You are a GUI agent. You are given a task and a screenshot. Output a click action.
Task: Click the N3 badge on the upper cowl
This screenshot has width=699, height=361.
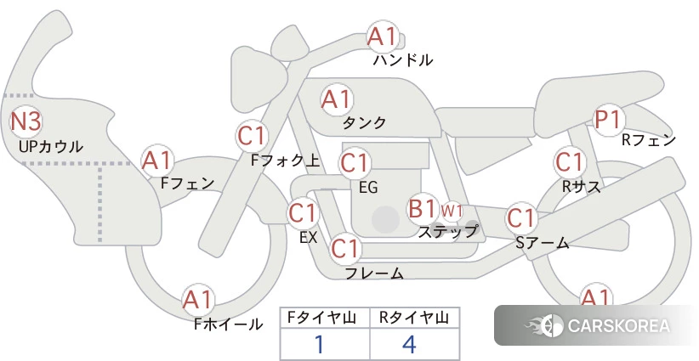tap(26, 121)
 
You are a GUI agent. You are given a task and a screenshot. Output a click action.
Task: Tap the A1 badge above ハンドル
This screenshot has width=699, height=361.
tap(382, 37)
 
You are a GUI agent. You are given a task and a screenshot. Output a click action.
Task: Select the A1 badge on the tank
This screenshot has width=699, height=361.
tap(336, 99)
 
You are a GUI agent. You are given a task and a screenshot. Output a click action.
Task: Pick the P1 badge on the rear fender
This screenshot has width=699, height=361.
tap(607, 120)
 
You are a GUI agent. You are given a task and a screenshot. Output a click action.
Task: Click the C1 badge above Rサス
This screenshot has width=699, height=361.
tap(569, 161)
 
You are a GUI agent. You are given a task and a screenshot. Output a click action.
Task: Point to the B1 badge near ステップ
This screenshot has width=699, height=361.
tap(423, 208)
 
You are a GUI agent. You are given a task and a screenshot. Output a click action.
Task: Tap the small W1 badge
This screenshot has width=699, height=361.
tap(452, 210)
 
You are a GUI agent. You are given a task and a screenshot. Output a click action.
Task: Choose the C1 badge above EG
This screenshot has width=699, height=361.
tap(354, 162)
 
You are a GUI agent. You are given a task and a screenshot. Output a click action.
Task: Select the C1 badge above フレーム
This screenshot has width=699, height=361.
tap(344, 250)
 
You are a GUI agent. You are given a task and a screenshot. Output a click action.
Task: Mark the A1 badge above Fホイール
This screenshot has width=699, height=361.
tap(197, 300)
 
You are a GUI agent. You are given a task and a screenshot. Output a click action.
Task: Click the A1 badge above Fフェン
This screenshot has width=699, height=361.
tap(156, 160)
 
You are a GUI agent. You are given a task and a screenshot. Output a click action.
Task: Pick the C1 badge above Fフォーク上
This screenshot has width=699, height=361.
tap(253, 135)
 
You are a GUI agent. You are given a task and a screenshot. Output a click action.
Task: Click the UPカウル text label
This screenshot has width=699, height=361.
tap(51, 147)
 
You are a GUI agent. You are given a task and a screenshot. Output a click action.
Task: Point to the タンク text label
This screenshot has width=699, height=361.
tap(364, 123)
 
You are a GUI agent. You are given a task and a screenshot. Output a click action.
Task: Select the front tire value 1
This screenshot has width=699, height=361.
tap(320, 344)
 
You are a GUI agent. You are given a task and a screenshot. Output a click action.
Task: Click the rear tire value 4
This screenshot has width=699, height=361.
tap(409, 344)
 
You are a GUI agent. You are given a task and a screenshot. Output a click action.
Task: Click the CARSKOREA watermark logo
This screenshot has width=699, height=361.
tap(598, 325)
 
